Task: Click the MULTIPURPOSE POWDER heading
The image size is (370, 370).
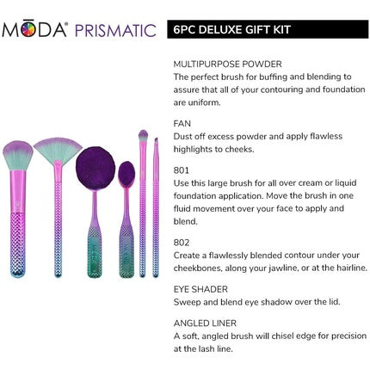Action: coord(227,64)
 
